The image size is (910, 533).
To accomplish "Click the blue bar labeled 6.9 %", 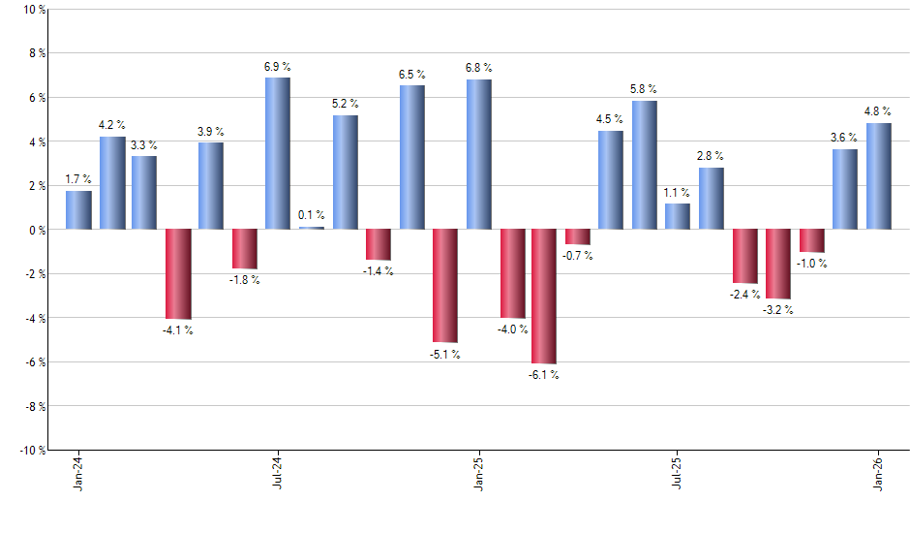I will coord(278,153).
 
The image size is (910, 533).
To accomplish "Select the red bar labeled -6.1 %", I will coord(544,297).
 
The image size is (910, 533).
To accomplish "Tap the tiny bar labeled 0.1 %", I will coord(312,228).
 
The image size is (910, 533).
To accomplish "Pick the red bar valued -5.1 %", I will coord(444,286).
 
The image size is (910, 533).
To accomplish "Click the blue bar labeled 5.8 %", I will coord(645,165).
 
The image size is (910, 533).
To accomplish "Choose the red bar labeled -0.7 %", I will coord(578,237).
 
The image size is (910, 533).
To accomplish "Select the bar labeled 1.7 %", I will coord(78,210).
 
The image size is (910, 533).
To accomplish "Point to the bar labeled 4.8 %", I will coord(878,176).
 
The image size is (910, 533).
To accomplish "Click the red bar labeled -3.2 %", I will coord(778,265).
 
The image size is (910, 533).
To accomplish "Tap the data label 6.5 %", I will coord(411,75).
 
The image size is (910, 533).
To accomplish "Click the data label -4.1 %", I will coord(177,330).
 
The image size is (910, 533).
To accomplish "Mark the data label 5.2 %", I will coord(345,104).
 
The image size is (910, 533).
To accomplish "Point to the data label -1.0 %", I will coord(812,264).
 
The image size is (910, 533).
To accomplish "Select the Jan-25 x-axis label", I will coord(478,474).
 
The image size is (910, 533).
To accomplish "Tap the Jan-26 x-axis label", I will coord(878,474).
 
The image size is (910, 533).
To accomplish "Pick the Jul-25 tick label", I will coord(678,474).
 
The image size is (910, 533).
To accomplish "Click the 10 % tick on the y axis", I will coord(35,10).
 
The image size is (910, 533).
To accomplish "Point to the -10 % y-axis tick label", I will coord(33,450).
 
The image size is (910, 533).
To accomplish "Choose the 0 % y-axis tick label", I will coord(38,230).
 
